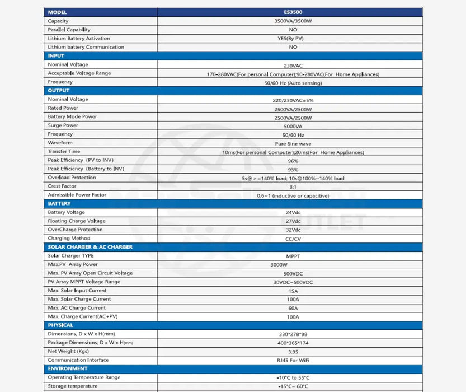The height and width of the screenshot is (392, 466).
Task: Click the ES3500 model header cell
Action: [x=293, y=12]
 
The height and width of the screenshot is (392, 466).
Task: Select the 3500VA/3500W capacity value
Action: [x=293, y=21]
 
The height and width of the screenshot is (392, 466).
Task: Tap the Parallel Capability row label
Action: [x=69, y=30]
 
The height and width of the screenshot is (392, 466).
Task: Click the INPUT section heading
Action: [x=56, y=55]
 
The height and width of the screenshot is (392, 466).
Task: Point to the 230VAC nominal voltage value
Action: [x=293, y=65]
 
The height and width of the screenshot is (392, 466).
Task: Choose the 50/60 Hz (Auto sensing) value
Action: [x=293, y=82]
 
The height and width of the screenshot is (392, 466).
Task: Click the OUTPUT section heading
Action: [x=59, y=90]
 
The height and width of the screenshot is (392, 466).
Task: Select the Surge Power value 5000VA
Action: [x=293, y=126]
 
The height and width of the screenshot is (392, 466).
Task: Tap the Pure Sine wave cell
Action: [x=293, y=143]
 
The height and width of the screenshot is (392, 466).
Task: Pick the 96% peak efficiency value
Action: [x=293, y=161]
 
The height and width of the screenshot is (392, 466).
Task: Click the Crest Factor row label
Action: [x=62, y=186]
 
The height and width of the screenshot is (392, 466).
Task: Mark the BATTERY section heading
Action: [x=59, y=203]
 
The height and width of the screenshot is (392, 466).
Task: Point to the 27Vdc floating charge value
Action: [x=293, y=221]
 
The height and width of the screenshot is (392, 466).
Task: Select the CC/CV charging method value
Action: [x=293, y=239]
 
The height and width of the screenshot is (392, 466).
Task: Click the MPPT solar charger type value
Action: [x=293, y=256]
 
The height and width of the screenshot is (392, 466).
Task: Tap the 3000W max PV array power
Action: [x=279, y=264]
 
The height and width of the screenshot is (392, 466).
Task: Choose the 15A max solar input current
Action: [x=293, y=291]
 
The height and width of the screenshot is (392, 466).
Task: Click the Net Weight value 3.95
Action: [x=293, y=351]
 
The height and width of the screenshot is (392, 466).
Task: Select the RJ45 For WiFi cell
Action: [x=293, y=360]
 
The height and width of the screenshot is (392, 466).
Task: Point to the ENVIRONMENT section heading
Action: [x=68, y=368]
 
